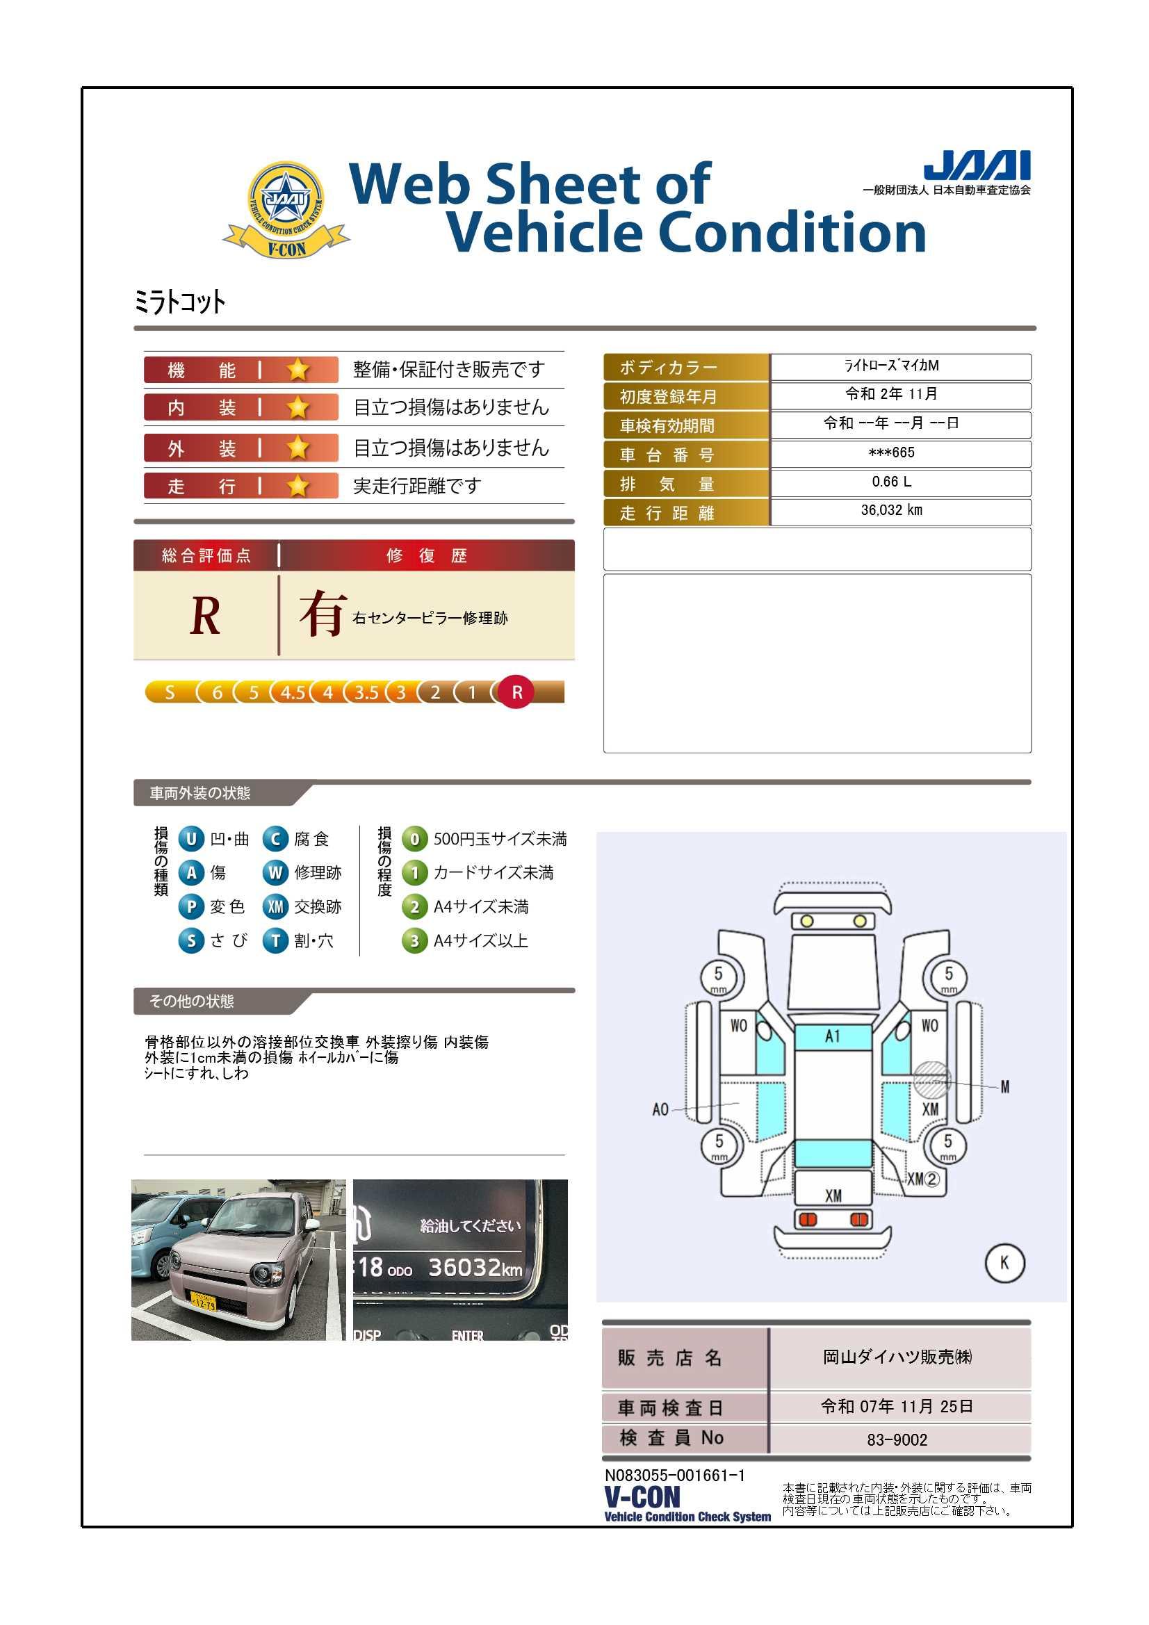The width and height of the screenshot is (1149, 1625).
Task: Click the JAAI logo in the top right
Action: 977,165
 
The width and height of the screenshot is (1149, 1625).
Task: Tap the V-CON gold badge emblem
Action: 286,209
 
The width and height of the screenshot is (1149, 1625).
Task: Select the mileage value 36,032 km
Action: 891,510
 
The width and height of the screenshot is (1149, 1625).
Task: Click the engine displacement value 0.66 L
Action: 891,482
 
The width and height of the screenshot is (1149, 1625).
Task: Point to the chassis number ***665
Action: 891,452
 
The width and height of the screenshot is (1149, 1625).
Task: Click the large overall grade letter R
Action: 205,616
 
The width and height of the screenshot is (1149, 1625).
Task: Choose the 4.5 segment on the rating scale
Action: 293,692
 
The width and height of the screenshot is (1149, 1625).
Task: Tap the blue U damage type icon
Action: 191,839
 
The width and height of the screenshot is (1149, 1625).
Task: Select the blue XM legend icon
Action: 275,906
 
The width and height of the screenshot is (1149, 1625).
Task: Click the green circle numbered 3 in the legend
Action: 415,941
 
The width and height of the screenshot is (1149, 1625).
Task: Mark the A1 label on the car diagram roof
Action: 833,1036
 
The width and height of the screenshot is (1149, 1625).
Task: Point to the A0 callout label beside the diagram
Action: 660,1109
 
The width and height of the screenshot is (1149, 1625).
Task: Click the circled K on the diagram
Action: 1004,1263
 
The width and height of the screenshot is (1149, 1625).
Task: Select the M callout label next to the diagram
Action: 1004,1086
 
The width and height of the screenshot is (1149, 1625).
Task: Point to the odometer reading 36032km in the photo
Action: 475,1267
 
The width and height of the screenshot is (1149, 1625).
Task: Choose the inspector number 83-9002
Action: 897,1439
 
